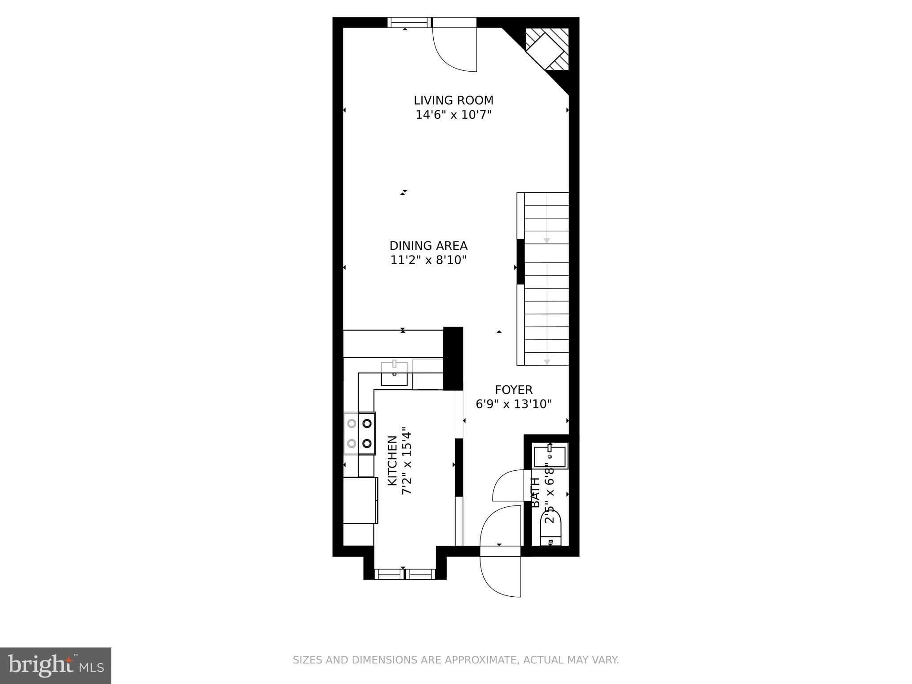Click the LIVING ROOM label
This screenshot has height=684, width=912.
(x=453, y=100)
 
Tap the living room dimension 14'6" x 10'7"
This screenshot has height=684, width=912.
(x=453, y=115)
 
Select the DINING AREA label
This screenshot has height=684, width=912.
(x=428, y=246)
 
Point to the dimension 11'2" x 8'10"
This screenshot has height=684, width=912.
(x=428, y=260)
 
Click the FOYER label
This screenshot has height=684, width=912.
(x=513, y=390)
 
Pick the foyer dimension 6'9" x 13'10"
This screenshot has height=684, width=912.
(x=513, y=404)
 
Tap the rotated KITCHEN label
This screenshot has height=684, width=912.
(x=392, y=461)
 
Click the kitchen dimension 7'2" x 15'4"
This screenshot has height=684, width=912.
(x=407, y=461)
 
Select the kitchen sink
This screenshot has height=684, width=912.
(x=394, y=374)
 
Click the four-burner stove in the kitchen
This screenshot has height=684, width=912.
(x=359, y=433)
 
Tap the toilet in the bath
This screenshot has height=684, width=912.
(x=551, y=528)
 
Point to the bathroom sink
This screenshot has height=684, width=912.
(x=550, y=456)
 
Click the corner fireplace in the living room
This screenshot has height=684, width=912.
(x=547, y=49)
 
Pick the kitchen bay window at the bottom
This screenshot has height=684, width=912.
(x=404, y=574)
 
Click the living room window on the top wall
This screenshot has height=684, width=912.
(x=409, y=22)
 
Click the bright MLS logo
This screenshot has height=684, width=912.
(x=56, y=666)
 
